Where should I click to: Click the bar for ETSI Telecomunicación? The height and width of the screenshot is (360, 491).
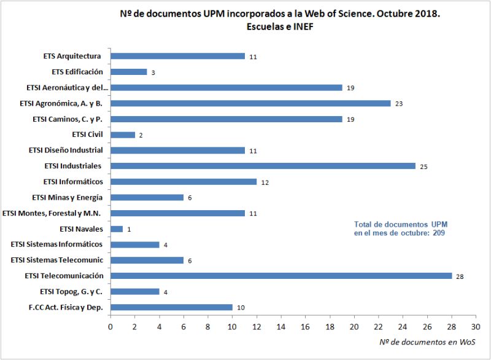pos(281,276)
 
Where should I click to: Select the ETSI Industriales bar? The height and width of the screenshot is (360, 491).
pos(263,166)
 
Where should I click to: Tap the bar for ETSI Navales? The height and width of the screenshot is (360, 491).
pos(117,229)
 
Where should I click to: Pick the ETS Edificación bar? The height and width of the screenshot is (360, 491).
pos(128,72)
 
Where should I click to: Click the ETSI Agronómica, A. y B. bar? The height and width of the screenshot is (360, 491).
pos(250,103)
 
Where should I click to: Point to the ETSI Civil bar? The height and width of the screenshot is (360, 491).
pos(123,135)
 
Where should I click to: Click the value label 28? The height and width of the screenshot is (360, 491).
pos(459,277)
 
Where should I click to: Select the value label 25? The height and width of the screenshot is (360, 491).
pos(423,166)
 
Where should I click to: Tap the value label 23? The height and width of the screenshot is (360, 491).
pos(399,104)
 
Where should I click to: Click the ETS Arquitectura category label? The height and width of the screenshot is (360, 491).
pos(72,56)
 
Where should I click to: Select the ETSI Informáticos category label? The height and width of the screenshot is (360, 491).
pos(73,182)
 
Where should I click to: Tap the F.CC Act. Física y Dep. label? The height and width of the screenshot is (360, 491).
pos(65,307)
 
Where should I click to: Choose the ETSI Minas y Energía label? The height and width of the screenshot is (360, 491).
pos(67,197)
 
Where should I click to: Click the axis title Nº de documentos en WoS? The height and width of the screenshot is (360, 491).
pos(427,342)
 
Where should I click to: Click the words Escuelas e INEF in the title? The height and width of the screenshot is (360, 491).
pos(280,28)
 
